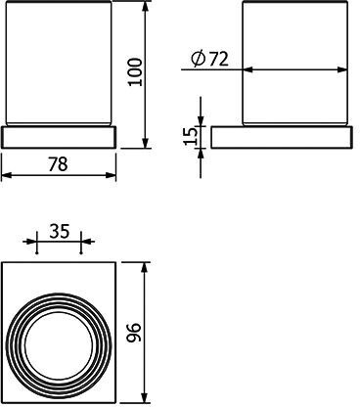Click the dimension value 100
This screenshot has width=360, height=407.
tap(135, 71)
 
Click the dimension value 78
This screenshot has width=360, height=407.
tap(58, 164)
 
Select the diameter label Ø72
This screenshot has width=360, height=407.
tap(209, 59)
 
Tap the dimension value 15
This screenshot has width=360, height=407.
tap(191, 136)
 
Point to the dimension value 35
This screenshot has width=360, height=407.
tap(60, 231)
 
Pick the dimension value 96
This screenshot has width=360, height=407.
tap(134, 333)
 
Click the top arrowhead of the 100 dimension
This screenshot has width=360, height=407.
tap(146, 6)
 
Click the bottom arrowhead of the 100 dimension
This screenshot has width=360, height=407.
tap(146, 143)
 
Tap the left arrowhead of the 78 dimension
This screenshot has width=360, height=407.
tap(7, 175)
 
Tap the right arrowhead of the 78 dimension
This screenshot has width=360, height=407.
tap(111, 175)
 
